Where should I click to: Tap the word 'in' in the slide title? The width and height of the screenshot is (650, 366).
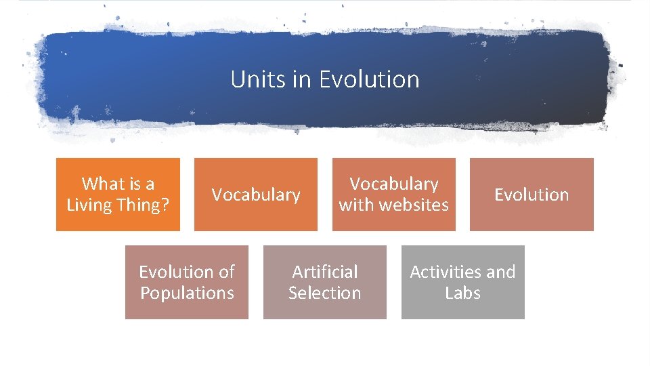coord(302,79)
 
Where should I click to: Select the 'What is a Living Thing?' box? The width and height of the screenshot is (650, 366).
coord(118,195)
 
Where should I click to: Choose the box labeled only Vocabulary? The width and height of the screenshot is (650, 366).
coord(256,195)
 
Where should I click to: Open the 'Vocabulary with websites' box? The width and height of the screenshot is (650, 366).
coord(393,195)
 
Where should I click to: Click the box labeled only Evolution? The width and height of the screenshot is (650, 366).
coord(532,195)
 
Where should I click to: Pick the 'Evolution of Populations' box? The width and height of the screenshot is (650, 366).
coord(187,282)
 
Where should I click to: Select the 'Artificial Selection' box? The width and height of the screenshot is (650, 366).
coord(324,282)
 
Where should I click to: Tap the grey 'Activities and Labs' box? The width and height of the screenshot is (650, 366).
coord(462,282)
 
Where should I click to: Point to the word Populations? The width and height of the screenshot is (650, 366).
coord(187,293)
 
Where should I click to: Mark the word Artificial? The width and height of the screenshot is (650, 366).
coord(325,272)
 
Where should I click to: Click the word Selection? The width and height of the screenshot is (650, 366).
coord(324,293)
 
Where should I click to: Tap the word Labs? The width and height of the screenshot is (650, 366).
coord(462,293)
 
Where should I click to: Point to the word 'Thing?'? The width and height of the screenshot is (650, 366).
coord(145,205)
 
